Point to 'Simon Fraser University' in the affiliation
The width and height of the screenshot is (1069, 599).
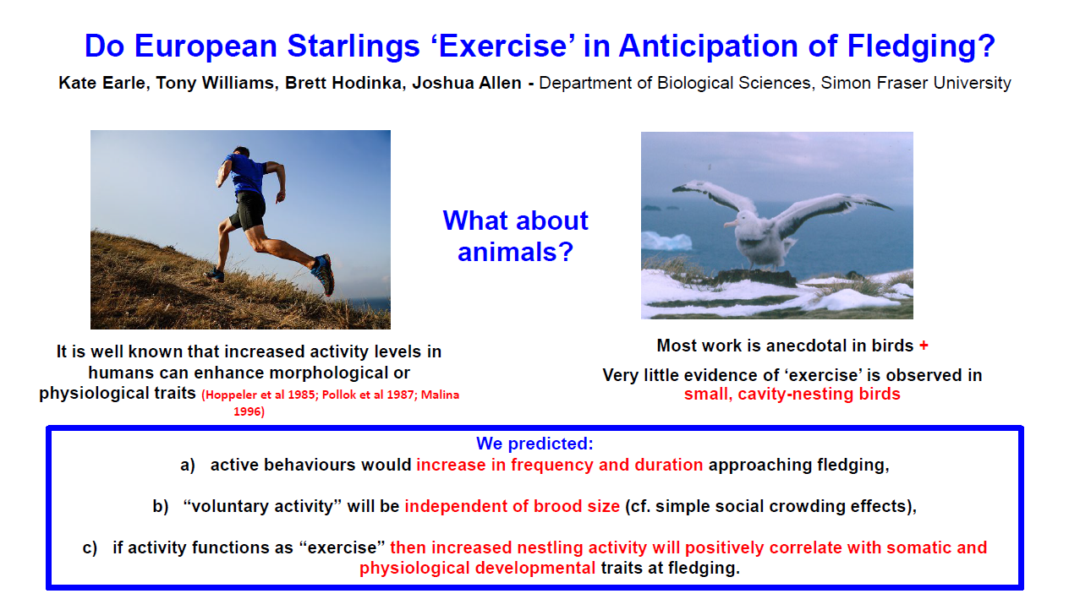(916, 84)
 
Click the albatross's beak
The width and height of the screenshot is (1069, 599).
(731, 225)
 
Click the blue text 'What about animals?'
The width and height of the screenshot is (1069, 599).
(515, 236)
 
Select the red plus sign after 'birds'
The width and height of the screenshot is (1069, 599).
(924, 346)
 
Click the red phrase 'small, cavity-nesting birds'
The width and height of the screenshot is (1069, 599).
(792, 395)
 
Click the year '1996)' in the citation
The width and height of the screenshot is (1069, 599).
(249, 411)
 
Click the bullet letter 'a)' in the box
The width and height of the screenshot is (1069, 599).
(188, 466)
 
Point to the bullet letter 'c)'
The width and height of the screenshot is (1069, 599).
(90, 548)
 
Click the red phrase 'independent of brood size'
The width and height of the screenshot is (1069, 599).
(512, 507)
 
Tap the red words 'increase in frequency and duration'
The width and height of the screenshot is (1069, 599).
(559, 466)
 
